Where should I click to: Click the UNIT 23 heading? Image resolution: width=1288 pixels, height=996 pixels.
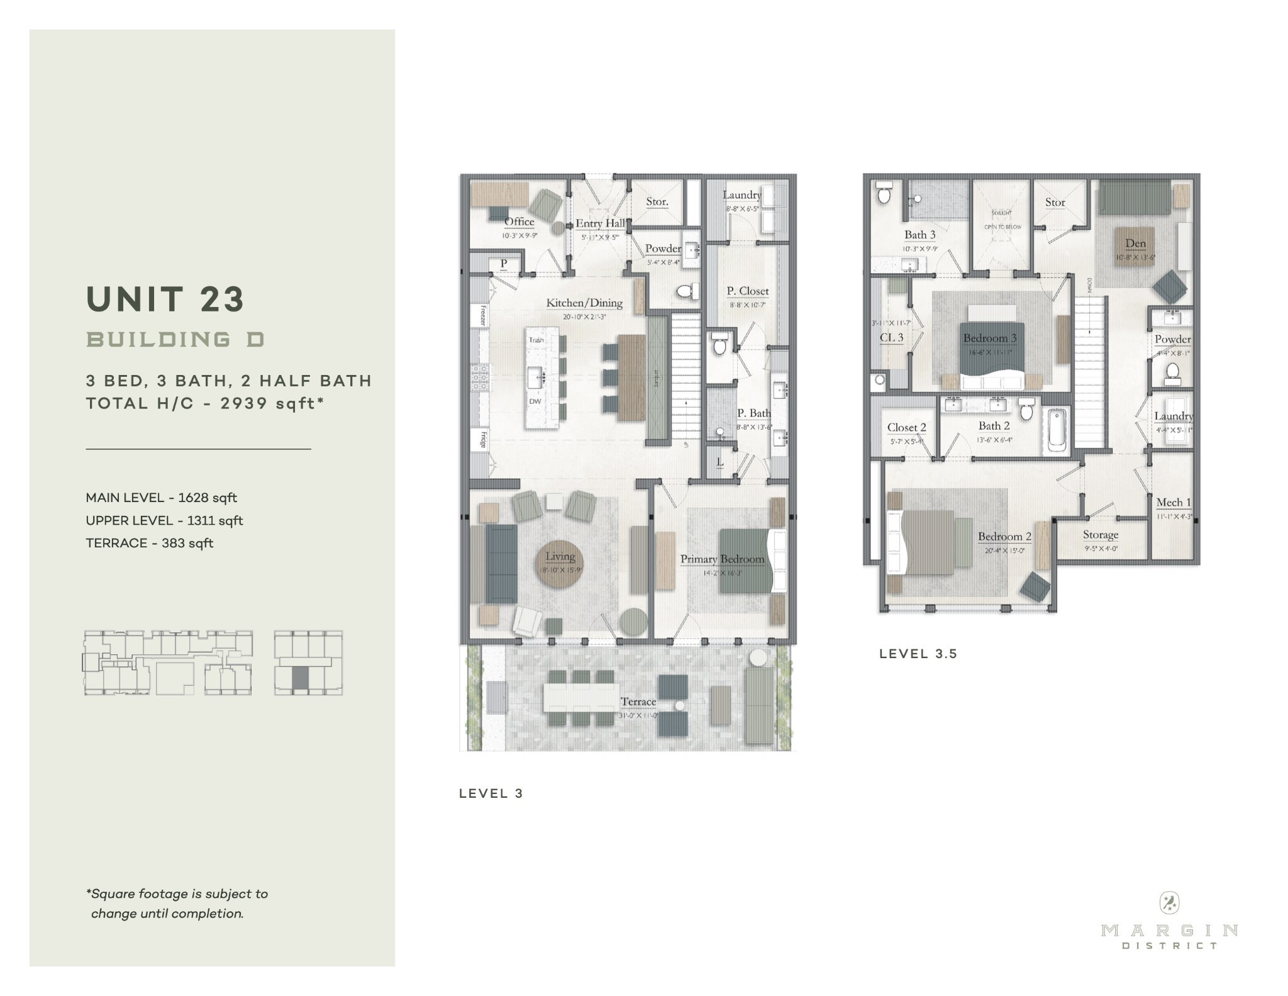165,299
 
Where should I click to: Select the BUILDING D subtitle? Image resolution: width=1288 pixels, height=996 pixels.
175,340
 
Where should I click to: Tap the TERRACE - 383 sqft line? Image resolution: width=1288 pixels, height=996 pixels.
150,543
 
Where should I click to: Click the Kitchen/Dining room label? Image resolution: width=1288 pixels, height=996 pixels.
584,303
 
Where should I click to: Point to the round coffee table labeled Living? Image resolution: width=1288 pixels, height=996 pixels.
560,562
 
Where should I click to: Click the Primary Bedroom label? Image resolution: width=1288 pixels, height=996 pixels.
722,559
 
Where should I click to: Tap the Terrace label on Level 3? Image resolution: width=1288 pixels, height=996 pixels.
638,702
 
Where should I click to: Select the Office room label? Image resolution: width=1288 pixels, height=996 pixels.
519,222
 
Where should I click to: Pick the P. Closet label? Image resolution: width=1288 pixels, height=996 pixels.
748,291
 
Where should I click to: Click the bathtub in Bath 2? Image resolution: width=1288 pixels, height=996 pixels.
1056,430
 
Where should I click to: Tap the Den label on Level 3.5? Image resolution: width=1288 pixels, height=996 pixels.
1135,243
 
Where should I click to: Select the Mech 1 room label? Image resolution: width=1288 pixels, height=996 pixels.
1174,503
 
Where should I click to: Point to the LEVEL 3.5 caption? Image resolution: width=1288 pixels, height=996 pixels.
918,654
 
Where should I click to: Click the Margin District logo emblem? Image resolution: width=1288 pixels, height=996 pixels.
1169,904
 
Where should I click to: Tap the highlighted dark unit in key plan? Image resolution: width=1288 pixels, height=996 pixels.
301,678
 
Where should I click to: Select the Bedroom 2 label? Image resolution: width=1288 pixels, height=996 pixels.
1004,537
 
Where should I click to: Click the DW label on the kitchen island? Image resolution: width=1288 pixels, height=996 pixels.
535,401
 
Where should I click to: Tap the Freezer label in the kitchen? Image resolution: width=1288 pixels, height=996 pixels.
483,315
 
